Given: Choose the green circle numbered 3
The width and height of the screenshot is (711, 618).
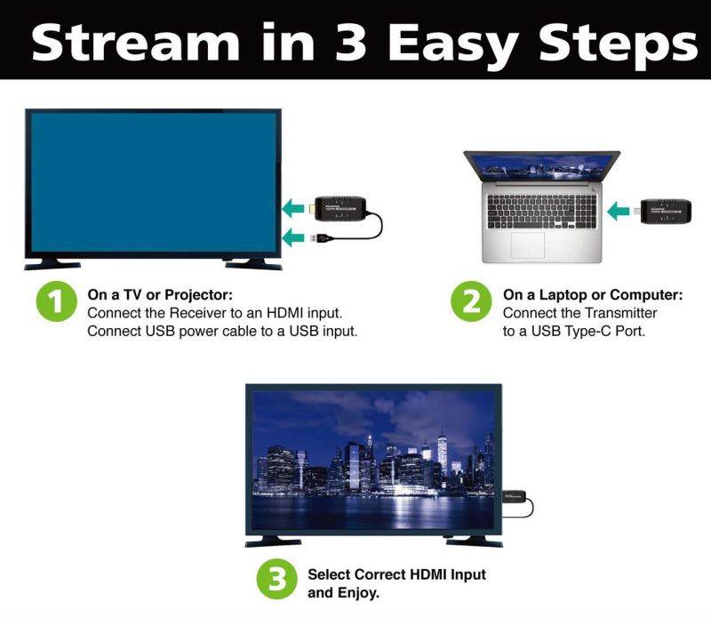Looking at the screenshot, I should pyautogui.click(x=277, y=581).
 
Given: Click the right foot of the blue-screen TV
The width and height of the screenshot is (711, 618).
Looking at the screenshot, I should pyautogui.click(x=252, y=263).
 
